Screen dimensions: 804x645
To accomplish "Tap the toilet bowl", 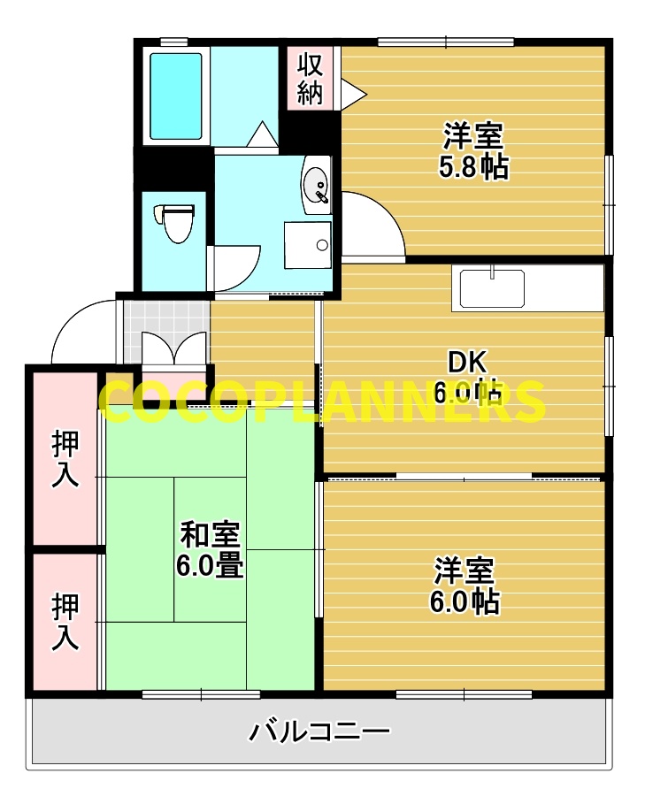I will pos(176,221).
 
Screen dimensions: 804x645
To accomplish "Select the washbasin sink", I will pos(316,187).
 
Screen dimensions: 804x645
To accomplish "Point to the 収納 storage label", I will pos(310,78).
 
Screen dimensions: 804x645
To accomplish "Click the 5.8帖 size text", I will pos(473,167).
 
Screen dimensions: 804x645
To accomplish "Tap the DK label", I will pos(468,362).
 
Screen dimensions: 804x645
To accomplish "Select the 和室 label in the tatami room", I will pos(210,535).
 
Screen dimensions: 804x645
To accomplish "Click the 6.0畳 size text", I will pos(210,565).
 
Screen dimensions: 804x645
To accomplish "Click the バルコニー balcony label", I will pos(319,732).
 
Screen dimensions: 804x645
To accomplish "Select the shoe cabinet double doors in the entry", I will pos(173,350).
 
